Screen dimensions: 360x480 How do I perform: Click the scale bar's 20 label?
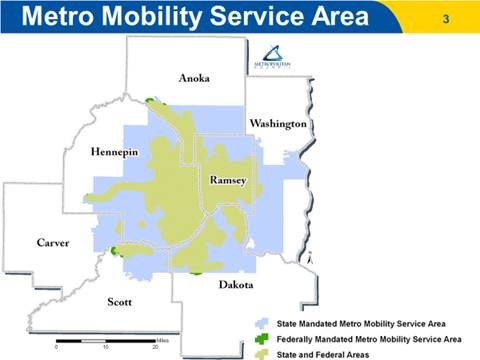155,348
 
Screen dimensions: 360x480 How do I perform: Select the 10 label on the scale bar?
105,348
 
